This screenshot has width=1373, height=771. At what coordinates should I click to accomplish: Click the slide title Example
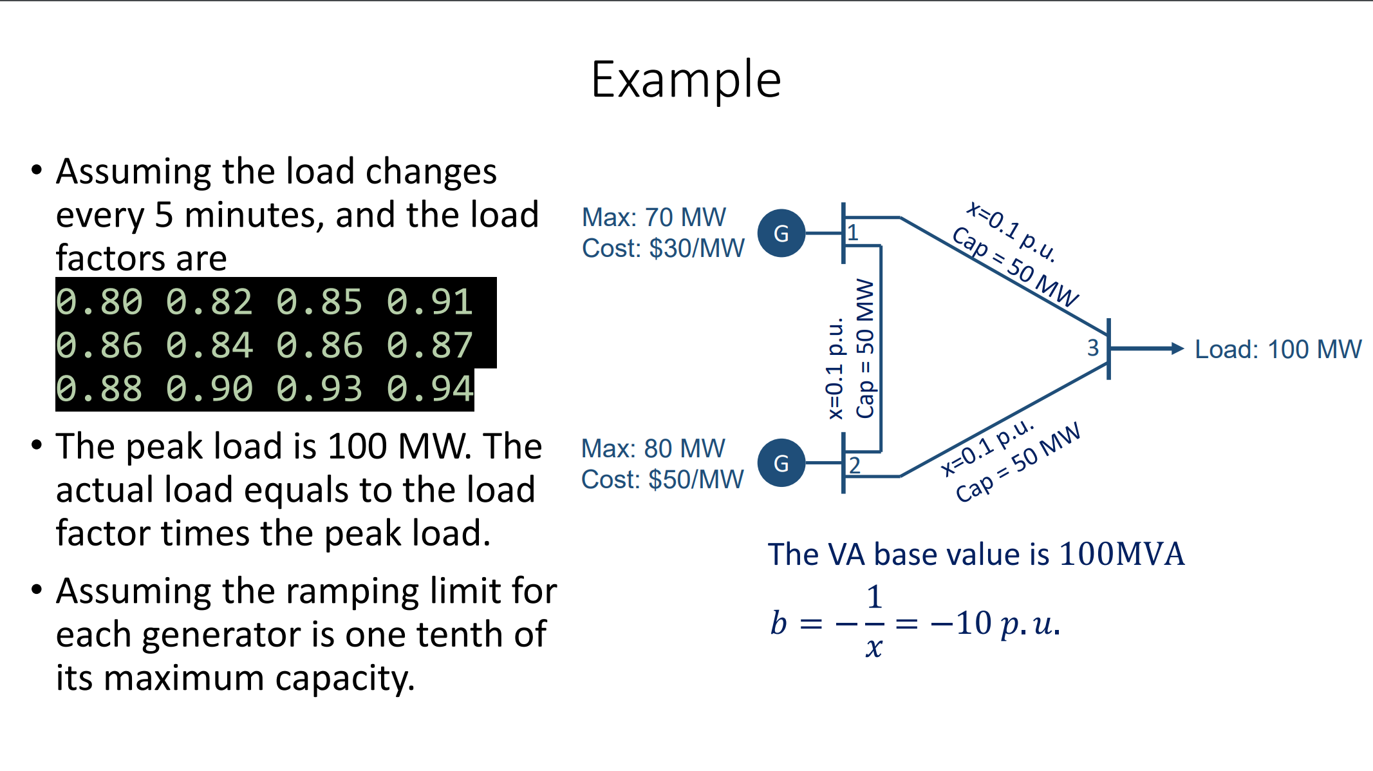coord(686,79)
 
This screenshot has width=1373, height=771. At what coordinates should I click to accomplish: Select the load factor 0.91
coord(430,302)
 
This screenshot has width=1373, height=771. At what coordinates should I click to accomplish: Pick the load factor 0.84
coord(209,345)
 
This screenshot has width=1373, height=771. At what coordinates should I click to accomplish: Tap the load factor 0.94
coord(430,389)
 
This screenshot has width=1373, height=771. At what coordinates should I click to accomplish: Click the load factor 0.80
coord(99,302)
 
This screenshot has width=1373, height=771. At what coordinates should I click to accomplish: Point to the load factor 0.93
coord(319,389)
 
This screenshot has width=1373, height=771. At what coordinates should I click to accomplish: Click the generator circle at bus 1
coord(781,233)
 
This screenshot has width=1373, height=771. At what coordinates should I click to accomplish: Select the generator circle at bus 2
coord(781,463)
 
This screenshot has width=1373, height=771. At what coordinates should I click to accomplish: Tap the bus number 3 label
coord(1093,348)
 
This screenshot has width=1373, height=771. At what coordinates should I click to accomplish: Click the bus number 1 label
coord(853,233)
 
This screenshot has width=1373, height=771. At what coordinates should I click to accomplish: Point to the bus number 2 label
coord(854,465)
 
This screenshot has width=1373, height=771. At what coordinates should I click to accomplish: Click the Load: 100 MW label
coord(1278,349)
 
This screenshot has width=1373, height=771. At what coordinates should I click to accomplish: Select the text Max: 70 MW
coord(653,218)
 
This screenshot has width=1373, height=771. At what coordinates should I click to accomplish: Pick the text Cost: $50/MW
coord(662,480)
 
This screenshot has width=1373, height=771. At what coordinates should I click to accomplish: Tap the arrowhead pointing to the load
coord(1177,348)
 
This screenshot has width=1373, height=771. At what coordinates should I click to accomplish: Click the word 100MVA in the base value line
coord(1121,554)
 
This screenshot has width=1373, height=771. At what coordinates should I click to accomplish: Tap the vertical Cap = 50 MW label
coord(866,348)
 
